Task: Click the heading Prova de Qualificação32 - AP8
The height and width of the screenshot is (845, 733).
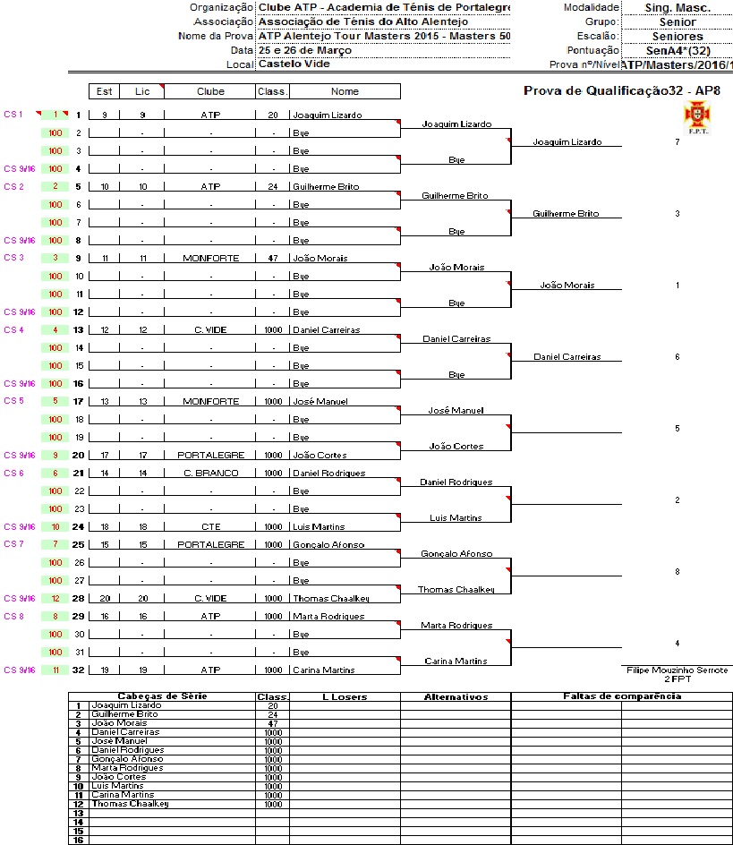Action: (x=621, y=90)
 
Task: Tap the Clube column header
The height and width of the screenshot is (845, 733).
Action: (x=211, y=91)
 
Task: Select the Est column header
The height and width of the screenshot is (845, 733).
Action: (x=105, y=91)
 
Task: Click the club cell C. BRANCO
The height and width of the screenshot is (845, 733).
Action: (x=211, y=473)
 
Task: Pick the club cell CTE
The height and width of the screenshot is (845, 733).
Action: (x=211, y=526)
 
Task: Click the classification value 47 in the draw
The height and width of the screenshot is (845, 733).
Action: (x=273, y=258)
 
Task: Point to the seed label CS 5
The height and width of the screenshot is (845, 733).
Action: (x=13, y=400)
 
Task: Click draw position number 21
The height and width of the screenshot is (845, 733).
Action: (x=78, y=473)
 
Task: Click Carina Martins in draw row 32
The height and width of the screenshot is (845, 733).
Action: (x=323, y=670)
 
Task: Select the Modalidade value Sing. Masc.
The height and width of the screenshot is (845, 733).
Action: (x=678, y=7)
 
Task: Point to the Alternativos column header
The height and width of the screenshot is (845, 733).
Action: (x=455, y=696)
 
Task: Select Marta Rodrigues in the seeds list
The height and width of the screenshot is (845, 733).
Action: (x=127, y=767)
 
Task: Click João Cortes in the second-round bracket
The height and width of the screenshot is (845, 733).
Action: (x=456, y=446)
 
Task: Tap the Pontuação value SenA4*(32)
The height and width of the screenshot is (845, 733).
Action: (x=678, y=50)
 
